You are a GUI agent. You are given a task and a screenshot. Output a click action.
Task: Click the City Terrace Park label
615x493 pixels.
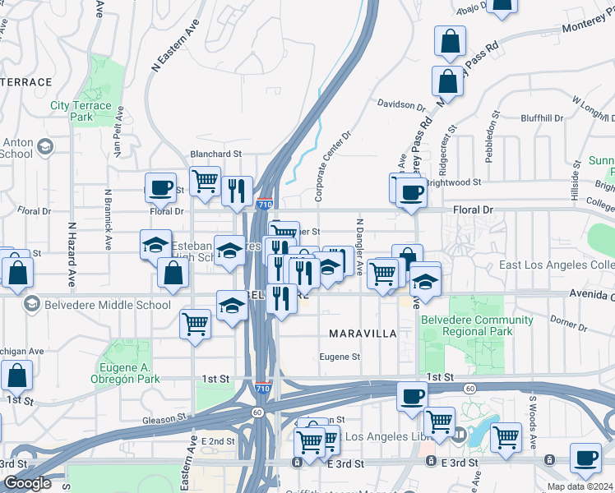(81, 111)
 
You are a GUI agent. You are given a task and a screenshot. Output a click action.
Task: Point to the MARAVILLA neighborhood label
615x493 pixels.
(363, 334)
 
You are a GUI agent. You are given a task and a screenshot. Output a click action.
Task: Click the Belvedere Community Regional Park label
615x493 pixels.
(466, 325)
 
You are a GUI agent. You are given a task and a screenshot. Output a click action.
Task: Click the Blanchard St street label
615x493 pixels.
(215, 154)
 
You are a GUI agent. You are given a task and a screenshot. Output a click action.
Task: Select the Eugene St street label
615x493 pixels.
(340, 357)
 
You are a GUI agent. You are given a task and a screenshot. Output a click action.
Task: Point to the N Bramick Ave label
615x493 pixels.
(108, 219)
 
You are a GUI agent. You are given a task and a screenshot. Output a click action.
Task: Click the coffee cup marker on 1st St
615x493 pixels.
(412, 396)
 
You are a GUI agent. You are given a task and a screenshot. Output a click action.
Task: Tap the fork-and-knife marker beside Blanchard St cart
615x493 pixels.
(237, 190)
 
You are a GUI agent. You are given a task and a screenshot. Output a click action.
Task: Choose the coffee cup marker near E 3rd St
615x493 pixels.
(585, 458)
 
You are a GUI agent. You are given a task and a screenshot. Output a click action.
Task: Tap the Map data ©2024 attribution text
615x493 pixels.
(580, 486)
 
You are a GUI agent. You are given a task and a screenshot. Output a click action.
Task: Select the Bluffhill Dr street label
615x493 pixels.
(539, 118)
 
